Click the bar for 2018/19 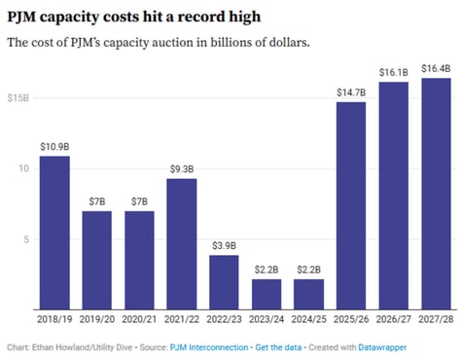tap(54, 234)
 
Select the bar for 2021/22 tap(181, 244)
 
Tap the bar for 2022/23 tap(224, 282)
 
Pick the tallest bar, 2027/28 tap(436, 194)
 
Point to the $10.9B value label tap(54, 146)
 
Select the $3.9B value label tap(224, 245)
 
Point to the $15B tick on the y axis tap(18, 98)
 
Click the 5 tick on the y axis tap(29, 239)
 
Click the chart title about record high tap(127, 18)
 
